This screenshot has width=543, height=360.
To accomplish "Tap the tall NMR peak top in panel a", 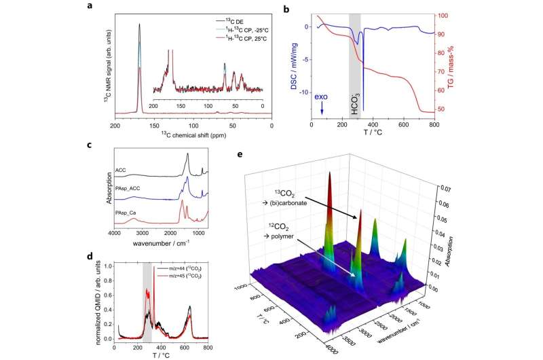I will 140,24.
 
